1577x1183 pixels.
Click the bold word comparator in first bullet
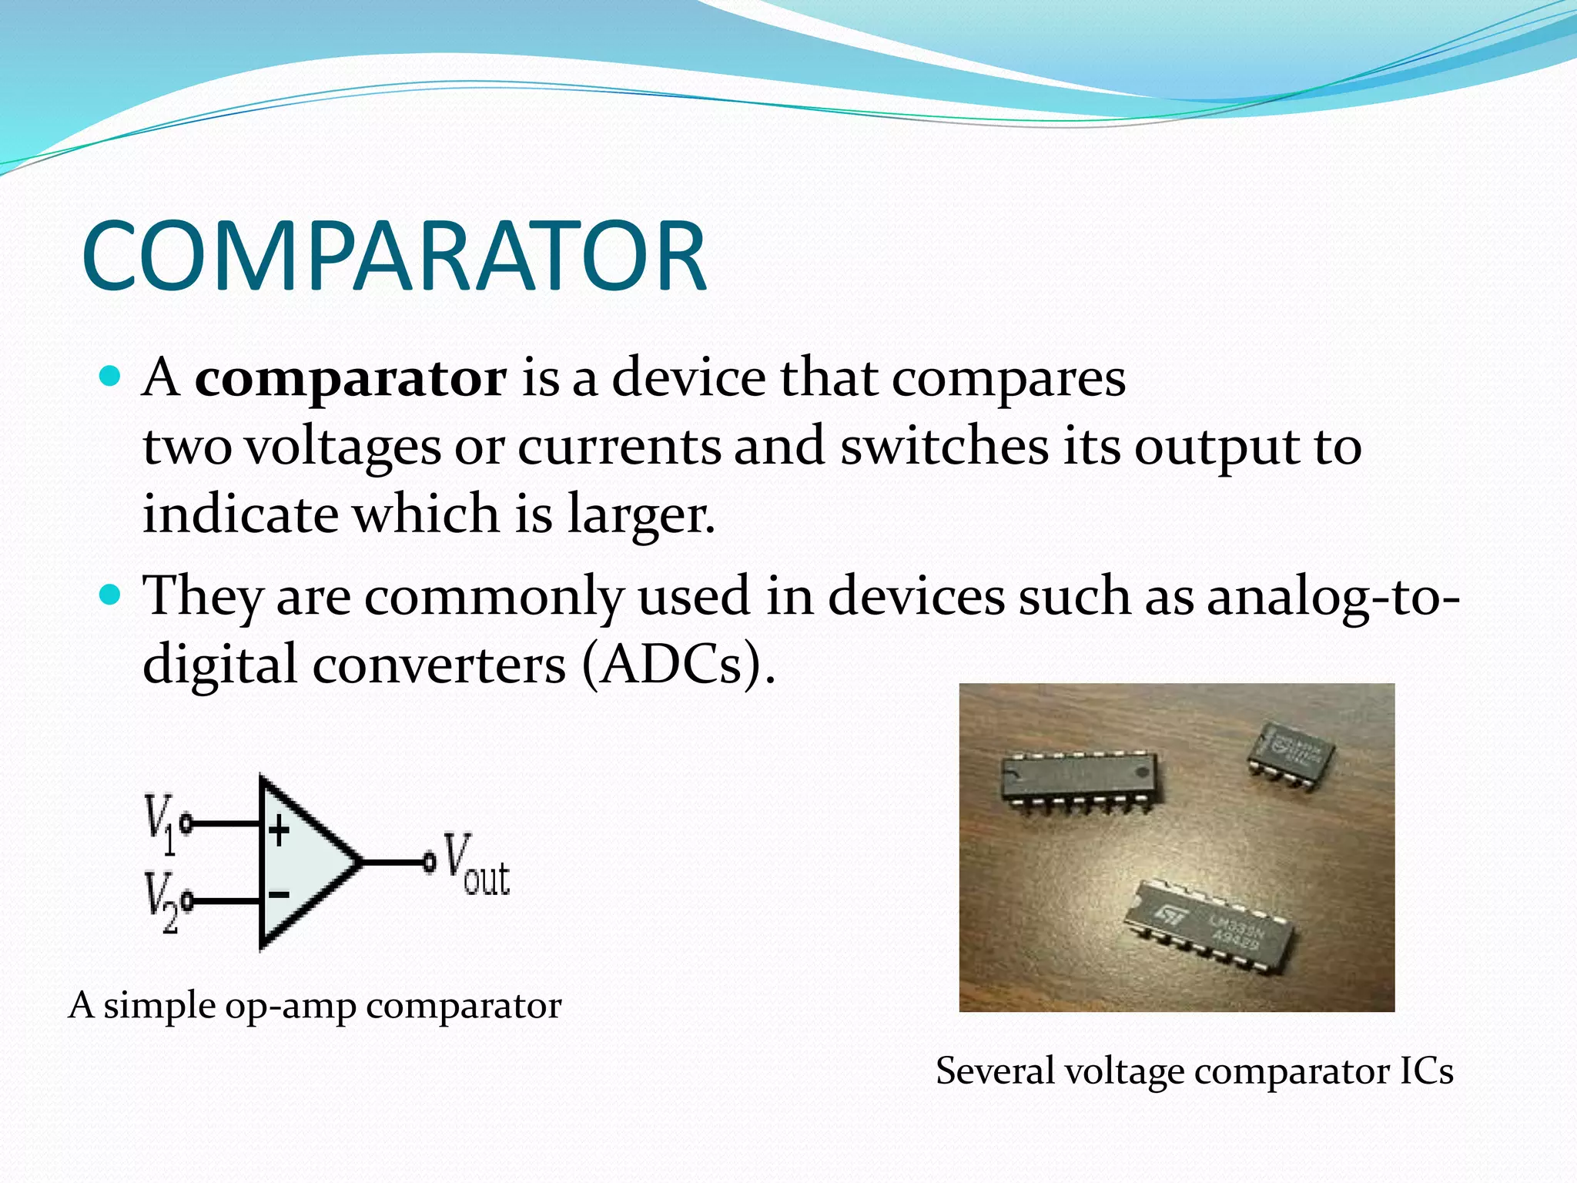(350, 378)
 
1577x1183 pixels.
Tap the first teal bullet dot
(111, 377)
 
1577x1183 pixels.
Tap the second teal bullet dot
(111, 595)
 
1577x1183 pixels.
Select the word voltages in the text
(343, 447)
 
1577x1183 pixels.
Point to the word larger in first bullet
(641, 514)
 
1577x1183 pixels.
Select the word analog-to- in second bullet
(1332, 597)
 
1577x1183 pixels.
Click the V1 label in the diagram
(160, 824)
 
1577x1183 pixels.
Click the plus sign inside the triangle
(279, 831)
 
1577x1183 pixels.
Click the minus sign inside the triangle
(279, 894)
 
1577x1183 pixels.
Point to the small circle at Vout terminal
(429, 862)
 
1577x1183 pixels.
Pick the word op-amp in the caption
(290, 1005)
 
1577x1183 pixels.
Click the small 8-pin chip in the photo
(1291, 752)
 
